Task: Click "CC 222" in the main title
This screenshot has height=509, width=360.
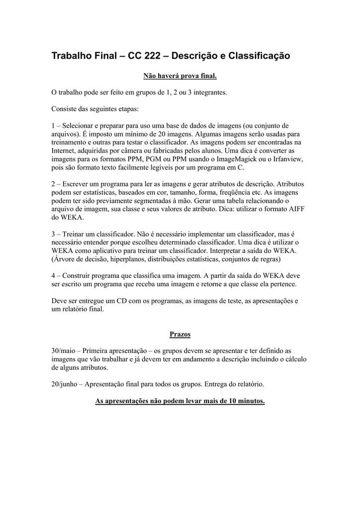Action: (145, 56)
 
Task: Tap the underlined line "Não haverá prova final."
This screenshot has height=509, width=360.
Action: (180, 76)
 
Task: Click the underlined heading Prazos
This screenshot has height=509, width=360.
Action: (180, 334)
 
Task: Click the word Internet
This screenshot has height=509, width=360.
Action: (65, 150)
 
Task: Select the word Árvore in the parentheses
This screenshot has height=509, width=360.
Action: (65, 259)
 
